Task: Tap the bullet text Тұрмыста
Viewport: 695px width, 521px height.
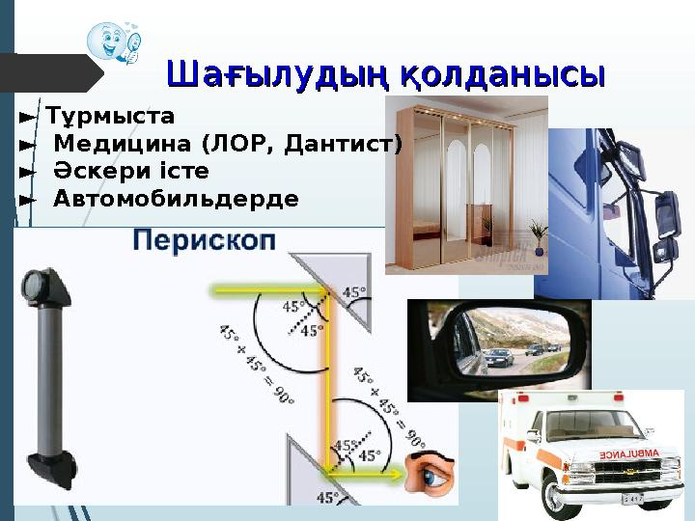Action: click(x=111, y=118)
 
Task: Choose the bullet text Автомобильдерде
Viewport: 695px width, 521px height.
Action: click(x=176, y=199)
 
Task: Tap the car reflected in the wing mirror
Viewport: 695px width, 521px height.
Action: click(x=498, y=358)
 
